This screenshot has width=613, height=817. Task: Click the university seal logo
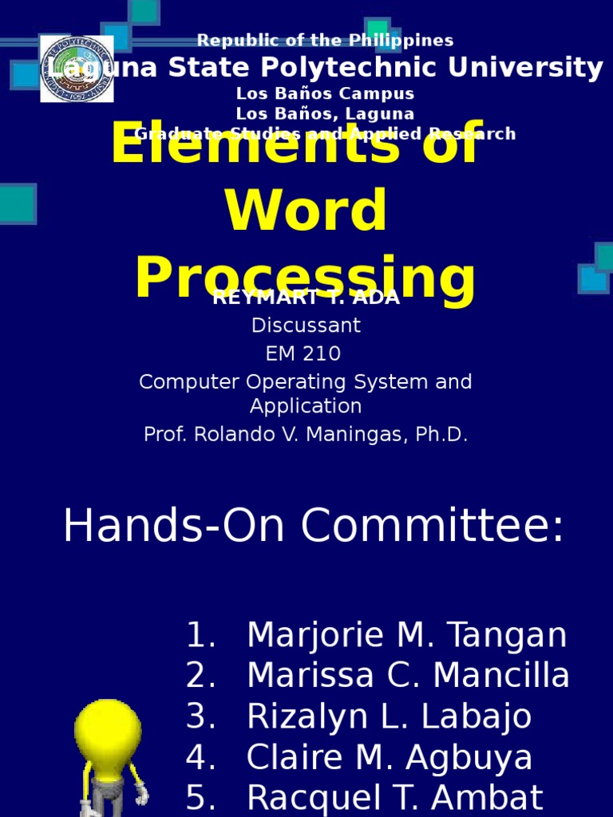pos(77,69)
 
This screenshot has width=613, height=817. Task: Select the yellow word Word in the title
pos(306,211)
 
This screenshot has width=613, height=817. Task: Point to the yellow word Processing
pos(306,279)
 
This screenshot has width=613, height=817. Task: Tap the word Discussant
pos(306,326)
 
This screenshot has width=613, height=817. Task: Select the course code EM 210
pos(306,353)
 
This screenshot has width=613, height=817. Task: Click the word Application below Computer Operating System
pos(306,406)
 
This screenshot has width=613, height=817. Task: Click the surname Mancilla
pos(508,677)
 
